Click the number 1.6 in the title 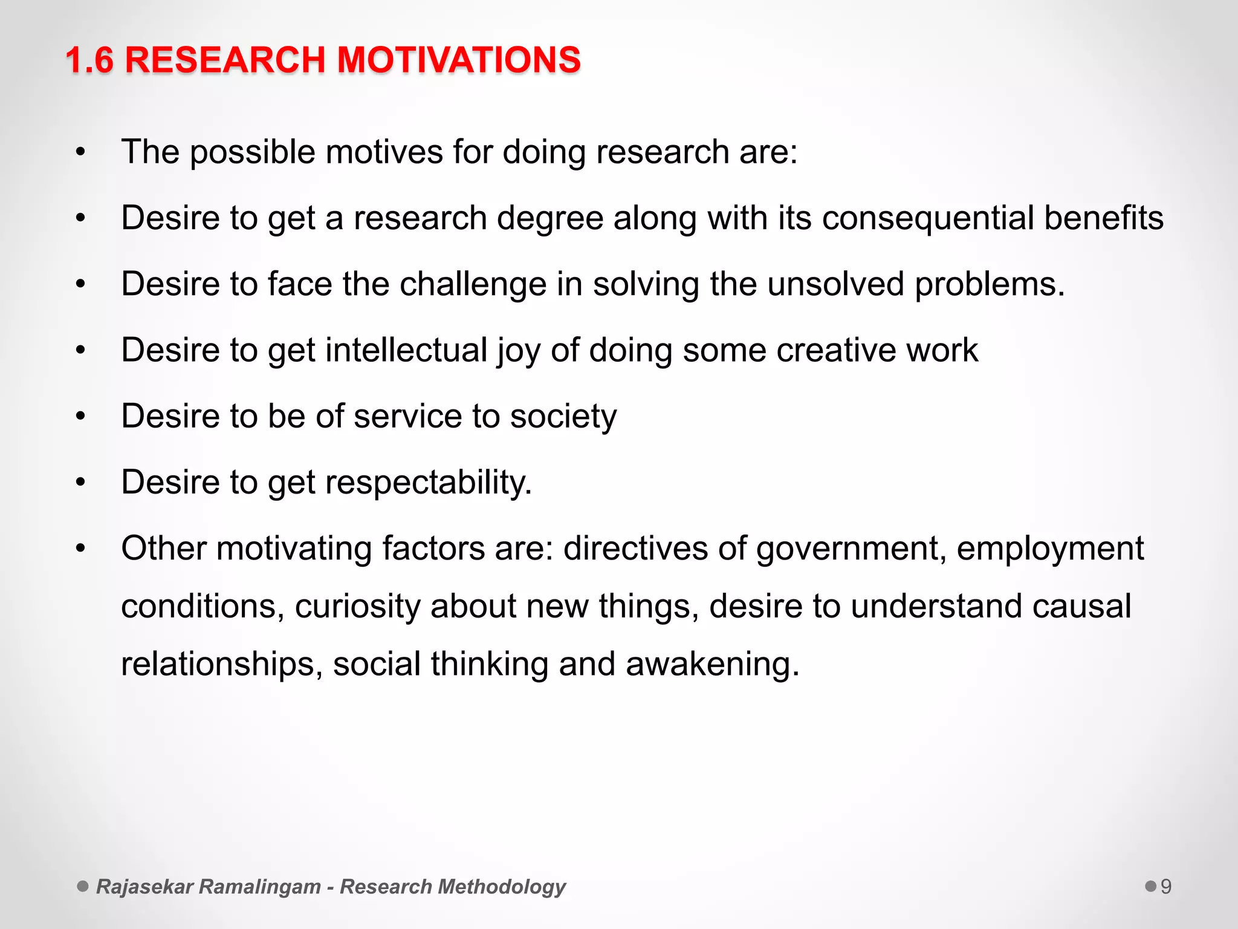(x=89, y=60)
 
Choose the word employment (x=1050, y=549)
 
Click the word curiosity (x=357, y=607)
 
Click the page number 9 (x=1166, y=887)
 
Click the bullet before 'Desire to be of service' (x=81, y=416)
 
